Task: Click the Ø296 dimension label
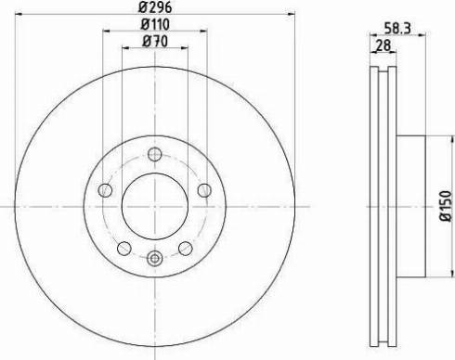click(x=155, y=6)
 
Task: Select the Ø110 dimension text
click(x=155, y=24)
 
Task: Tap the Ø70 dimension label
click(x=155, y=42)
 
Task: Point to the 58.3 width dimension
click(x=397, y=29)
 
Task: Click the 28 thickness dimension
click(x=383, y=45)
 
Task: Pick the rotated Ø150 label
click(x=446, y=206)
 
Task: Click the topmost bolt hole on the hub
click(x=154, y=154)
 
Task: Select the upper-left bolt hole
click(x=105, y=190)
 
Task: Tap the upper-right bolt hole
click(x=204, y=190)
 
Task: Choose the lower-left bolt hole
click(x=124, y=248)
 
